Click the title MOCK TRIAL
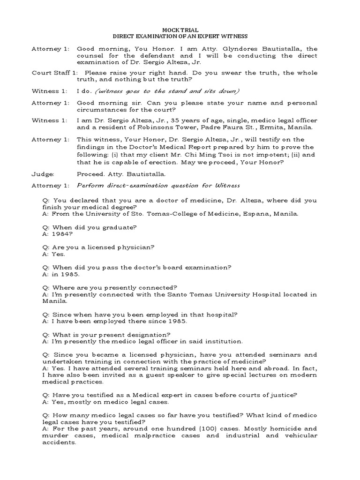click(180, 30)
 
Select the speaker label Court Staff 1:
click(53, 73)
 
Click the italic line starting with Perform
click(158, 185)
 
